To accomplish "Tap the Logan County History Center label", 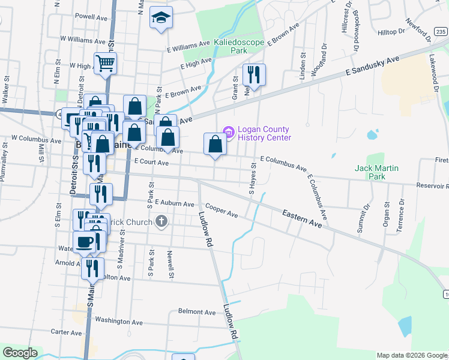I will (x=264, y=133).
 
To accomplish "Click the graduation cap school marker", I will (x=161, y=18).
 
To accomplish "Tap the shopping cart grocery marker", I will (x=105, y=63).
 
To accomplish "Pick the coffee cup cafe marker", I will (x=85, y=242).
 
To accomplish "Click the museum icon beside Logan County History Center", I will (x=228, y=130).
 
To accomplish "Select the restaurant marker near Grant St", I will (x=253, y=75).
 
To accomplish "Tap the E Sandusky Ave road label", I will (x=372, y=65).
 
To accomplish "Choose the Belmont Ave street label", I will (x=197, y=312).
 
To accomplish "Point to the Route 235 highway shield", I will (x=441, y=32).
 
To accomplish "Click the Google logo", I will (x=20, y=353).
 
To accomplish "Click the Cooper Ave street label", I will (x=222, y=212).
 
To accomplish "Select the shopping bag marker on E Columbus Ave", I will (x=215, y=145).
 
